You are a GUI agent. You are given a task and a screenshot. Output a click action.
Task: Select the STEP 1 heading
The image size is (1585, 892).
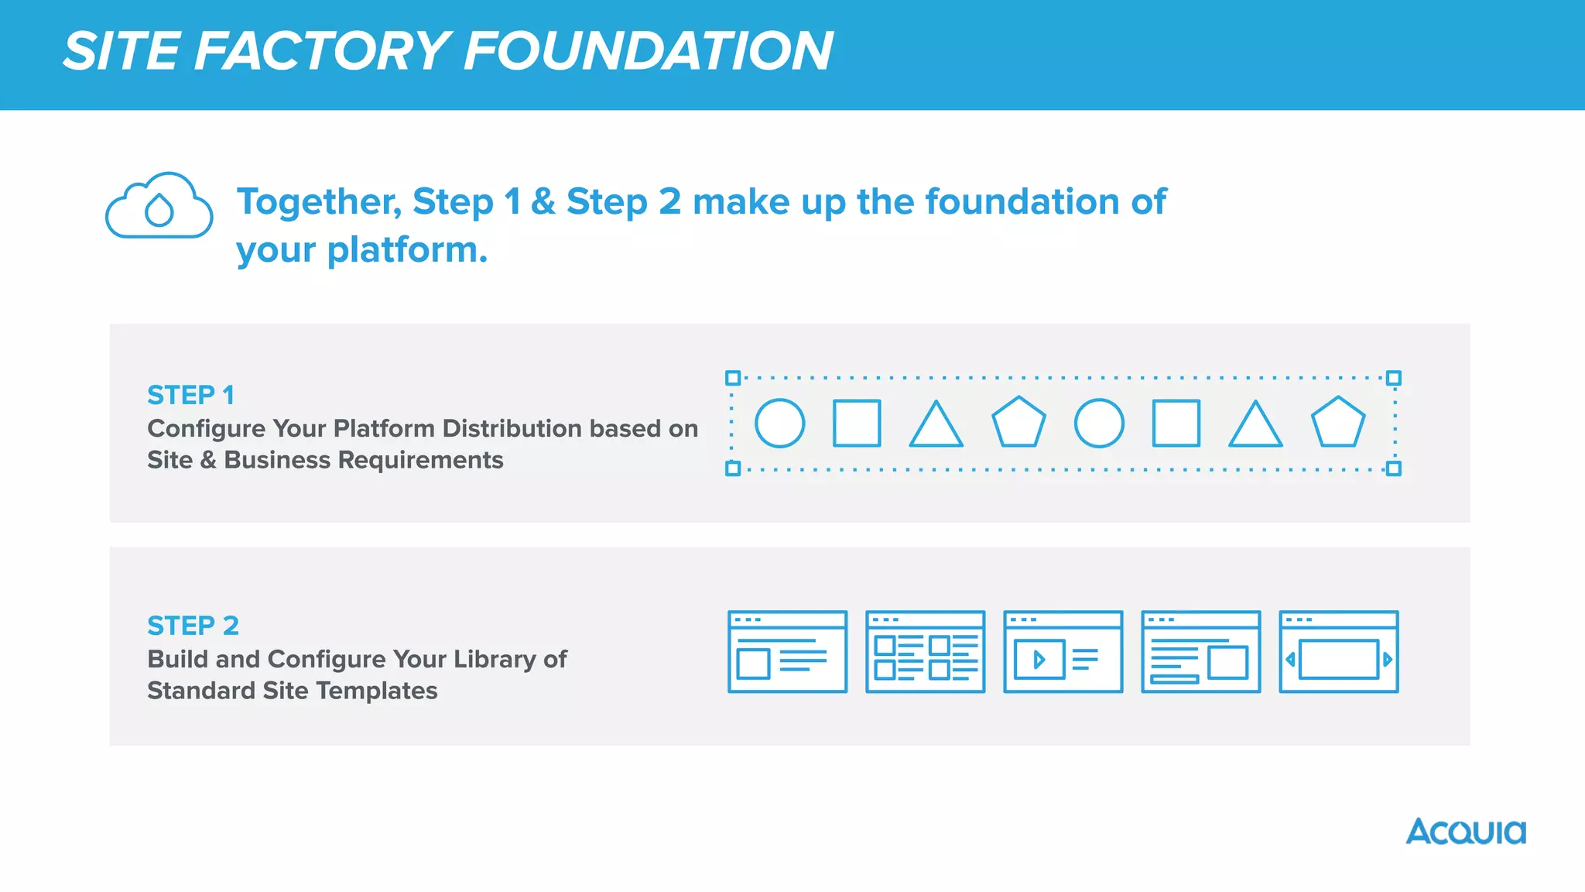click(190, 395)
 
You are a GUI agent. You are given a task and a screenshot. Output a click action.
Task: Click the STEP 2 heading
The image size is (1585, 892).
click(193, 625)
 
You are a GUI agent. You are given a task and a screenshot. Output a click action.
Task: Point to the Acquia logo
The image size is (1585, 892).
click(1466, 832)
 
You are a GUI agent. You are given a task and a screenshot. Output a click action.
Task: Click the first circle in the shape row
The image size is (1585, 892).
click(779, 424)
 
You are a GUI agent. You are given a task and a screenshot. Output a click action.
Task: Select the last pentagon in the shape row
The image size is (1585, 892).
click(1337, 423)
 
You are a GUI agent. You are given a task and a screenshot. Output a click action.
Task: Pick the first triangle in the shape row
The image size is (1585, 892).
click(936, 425)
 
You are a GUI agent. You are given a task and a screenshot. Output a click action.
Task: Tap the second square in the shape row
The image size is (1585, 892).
click(1176, 424)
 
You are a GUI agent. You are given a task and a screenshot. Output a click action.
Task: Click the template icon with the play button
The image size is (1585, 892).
click(1063, 651)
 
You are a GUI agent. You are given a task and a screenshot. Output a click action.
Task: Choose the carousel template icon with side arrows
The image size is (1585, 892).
click(1338, 651)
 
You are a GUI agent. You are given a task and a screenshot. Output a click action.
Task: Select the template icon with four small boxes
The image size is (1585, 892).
click(925, 651)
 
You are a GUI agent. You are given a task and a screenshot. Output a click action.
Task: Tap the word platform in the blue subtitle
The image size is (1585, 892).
click(406, 250)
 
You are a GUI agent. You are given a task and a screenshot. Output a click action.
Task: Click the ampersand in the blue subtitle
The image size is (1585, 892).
click(543, 202)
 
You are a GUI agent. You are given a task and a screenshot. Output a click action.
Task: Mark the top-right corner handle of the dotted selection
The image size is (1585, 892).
click(1393, 378)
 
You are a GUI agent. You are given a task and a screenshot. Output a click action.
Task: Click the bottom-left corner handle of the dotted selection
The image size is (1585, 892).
click(732, 468)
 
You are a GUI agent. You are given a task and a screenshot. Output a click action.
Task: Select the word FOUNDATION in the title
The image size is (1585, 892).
click(649, 51)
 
